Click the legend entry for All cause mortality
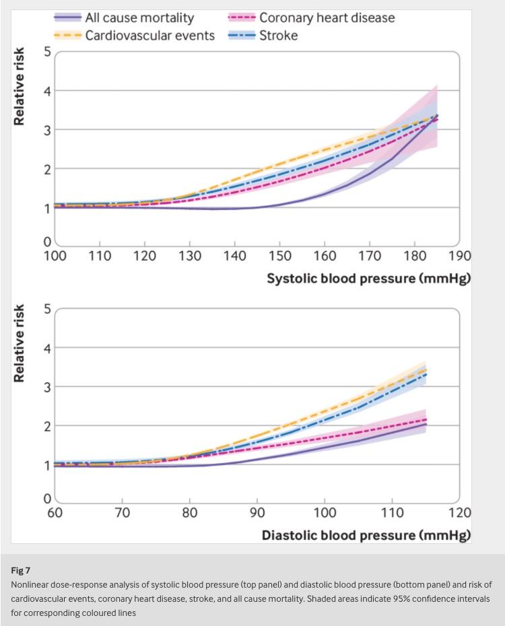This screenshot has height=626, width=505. point(139,18)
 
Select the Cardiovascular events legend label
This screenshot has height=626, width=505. point(149,35)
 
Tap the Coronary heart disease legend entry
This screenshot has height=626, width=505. point(327,18)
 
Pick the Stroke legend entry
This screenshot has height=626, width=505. point(278,35)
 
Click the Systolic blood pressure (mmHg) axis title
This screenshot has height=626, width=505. point(368,279)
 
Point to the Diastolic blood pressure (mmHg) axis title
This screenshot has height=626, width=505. point(366,536)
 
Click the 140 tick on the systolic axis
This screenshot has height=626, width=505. point(235,256)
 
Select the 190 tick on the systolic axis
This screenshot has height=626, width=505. point(459,256)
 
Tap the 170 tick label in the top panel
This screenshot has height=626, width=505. point(370,256)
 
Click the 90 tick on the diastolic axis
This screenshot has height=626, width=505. point(257,513)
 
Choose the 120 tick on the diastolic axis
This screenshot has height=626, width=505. point(459,513)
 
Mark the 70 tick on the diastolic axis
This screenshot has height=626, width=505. point(122,513)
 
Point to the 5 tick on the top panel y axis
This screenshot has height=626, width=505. point(48,52)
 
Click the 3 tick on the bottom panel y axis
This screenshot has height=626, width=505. point(48,387)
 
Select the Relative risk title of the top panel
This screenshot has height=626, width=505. point(20,86)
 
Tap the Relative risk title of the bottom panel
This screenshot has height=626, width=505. point(20,343)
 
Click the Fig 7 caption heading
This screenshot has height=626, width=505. point(21,570)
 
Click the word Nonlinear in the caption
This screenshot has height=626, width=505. point(32,584)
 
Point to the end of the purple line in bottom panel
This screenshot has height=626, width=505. point(426,424)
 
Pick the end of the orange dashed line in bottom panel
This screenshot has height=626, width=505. point(426,368)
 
